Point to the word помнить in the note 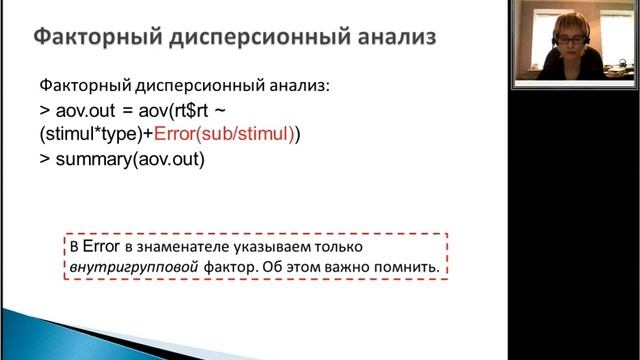[x=409, y=267]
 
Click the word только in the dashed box [x=346, y=246]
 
